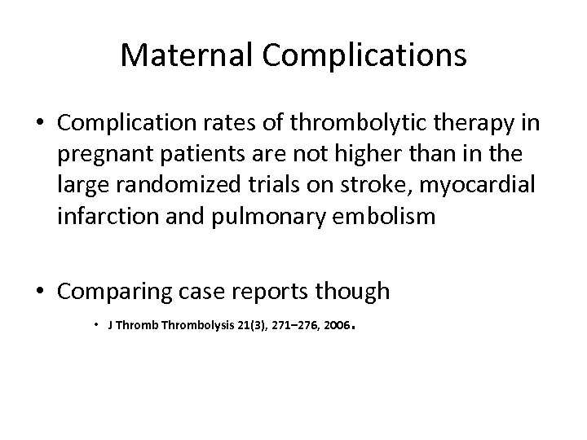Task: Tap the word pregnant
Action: click(115, 156)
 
